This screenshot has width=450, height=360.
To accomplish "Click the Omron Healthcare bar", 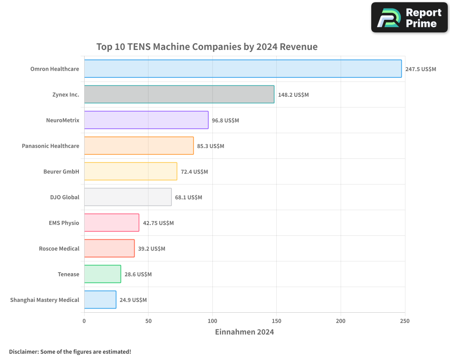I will pos(243,69).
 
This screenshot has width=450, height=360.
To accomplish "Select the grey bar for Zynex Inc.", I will pos(179,94).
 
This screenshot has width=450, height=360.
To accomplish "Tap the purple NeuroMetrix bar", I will pos(146,120).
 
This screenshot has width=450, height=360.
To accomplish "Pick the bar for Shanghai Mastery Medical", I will pos(100,300).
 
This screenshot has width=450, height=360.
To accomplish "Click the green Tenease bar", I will pos(103,274).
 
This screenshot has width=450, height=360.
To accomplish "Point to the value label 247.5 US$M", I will pos(420,69).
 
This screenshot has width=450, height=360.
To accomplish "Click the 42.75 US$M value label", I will pos(158,223).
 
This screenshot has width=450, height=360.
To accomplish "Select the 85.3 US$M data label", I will pos(210,146).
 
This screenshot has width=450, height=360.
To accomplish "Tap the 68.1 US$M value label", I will pos(188,198).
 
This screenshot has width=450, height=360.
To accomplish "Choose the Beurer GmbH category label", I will pos(61,172).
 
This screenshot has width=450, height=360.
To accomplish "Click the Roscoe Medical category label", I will pos(59,249).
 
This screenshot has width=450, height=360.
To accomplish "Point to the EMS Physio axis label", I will pos(64,223).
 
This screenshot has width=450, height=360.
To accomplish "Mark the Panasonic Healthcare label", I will pos(50,146).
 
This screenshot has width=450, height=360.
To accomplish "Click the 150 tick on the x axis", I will pos(276,321).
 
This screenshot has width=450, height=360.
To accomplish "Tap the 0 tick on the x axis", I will pos(84,321).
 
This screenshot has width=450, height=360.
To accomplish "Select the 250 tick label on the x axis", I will pos(405,321).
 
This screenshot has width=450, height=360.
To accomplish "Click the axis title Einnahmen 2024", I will pos(244,332).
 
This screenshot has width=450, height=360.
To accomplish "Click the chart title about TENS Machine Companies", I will pos(207,47).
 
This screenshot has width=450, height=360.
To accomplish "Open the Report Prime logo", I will pos(409,18).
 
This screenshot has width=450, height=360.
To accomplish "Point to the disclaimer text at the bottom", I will pos(70,352).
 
